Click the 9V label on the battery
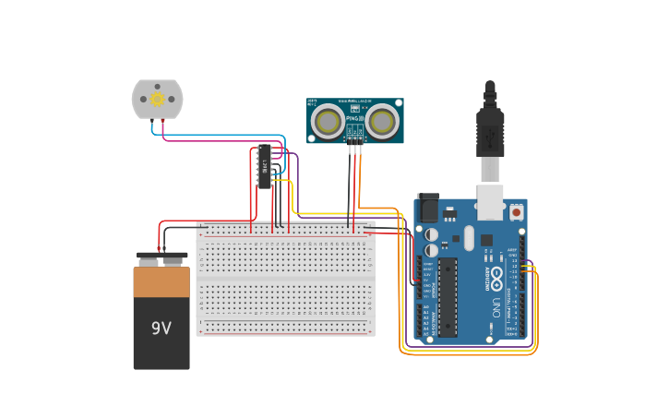161,328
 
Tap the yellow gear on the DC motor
157,99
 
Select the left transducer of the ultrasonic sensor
327,121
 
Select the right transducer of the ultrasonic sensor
382,121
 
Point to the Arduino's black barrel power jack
428,209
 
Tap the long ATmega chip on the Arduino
448,296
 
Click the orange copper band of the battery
161,282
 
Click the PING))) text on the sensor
354,118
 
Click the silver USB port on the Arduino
489,201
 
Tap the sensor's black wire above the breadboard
350,180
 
